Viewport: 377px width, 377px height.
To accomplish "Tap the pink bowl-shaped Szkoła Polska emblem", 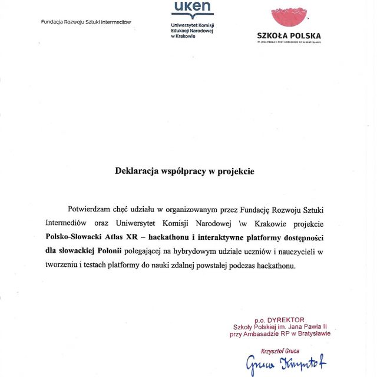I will (288, 17).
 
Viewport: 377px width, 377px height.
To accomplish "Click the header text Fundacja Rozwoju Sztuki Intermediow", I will (86, 22).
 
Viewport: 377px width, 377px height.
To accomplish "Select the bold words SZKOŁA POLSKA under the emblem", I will (289, 35).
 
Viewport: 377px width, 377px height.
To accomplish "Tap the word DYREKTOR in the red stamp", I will (285, 319).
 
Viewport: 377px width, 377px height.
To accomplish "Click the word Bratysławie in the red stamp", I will (310, 333).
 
